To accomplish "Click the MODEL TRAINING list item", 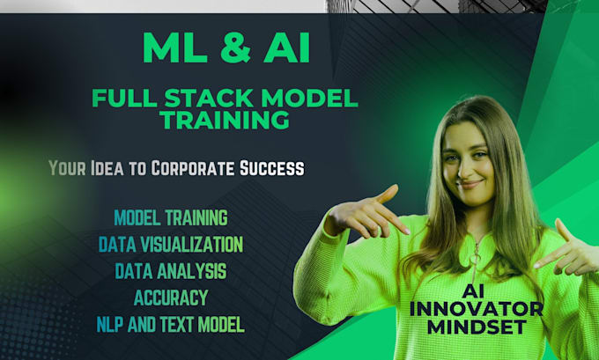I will coord(171,217).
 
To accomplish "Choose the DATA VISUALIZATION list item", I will coord(171,244).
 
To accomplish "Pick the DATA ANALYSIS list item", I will coord(171,270).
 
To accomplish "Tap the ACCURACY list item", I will coord(171,297).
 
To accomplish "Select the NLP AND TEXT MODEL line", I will coord(171,324).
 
